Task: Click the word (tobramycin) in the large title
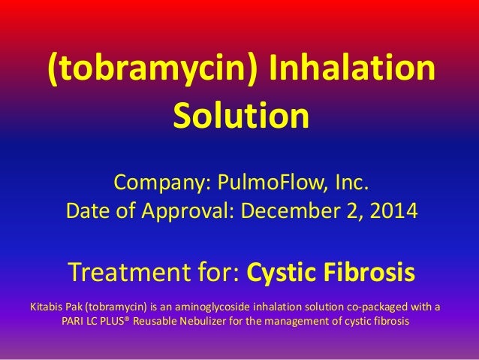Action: pyautogui.click(x=153, y=71)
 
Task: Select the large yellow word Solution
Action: pyautogui.click(x=241, y=116)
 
